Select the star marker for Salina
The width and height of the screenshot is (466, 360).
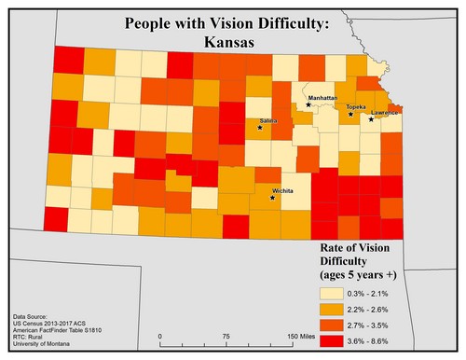[x=260, y=128]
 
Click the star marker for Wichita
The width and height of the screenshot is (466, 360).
[x=272, y=198]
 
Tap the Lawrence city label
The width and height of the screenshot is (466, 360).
[x=386, y=113]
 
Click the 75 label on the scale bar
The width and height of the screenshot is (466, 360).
[x=226, y=335]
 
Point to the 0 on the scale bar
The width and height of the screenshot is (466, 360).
[x=160, y=335]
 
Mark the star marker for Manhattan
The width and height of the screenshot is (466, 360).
[x=308, y=104]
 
